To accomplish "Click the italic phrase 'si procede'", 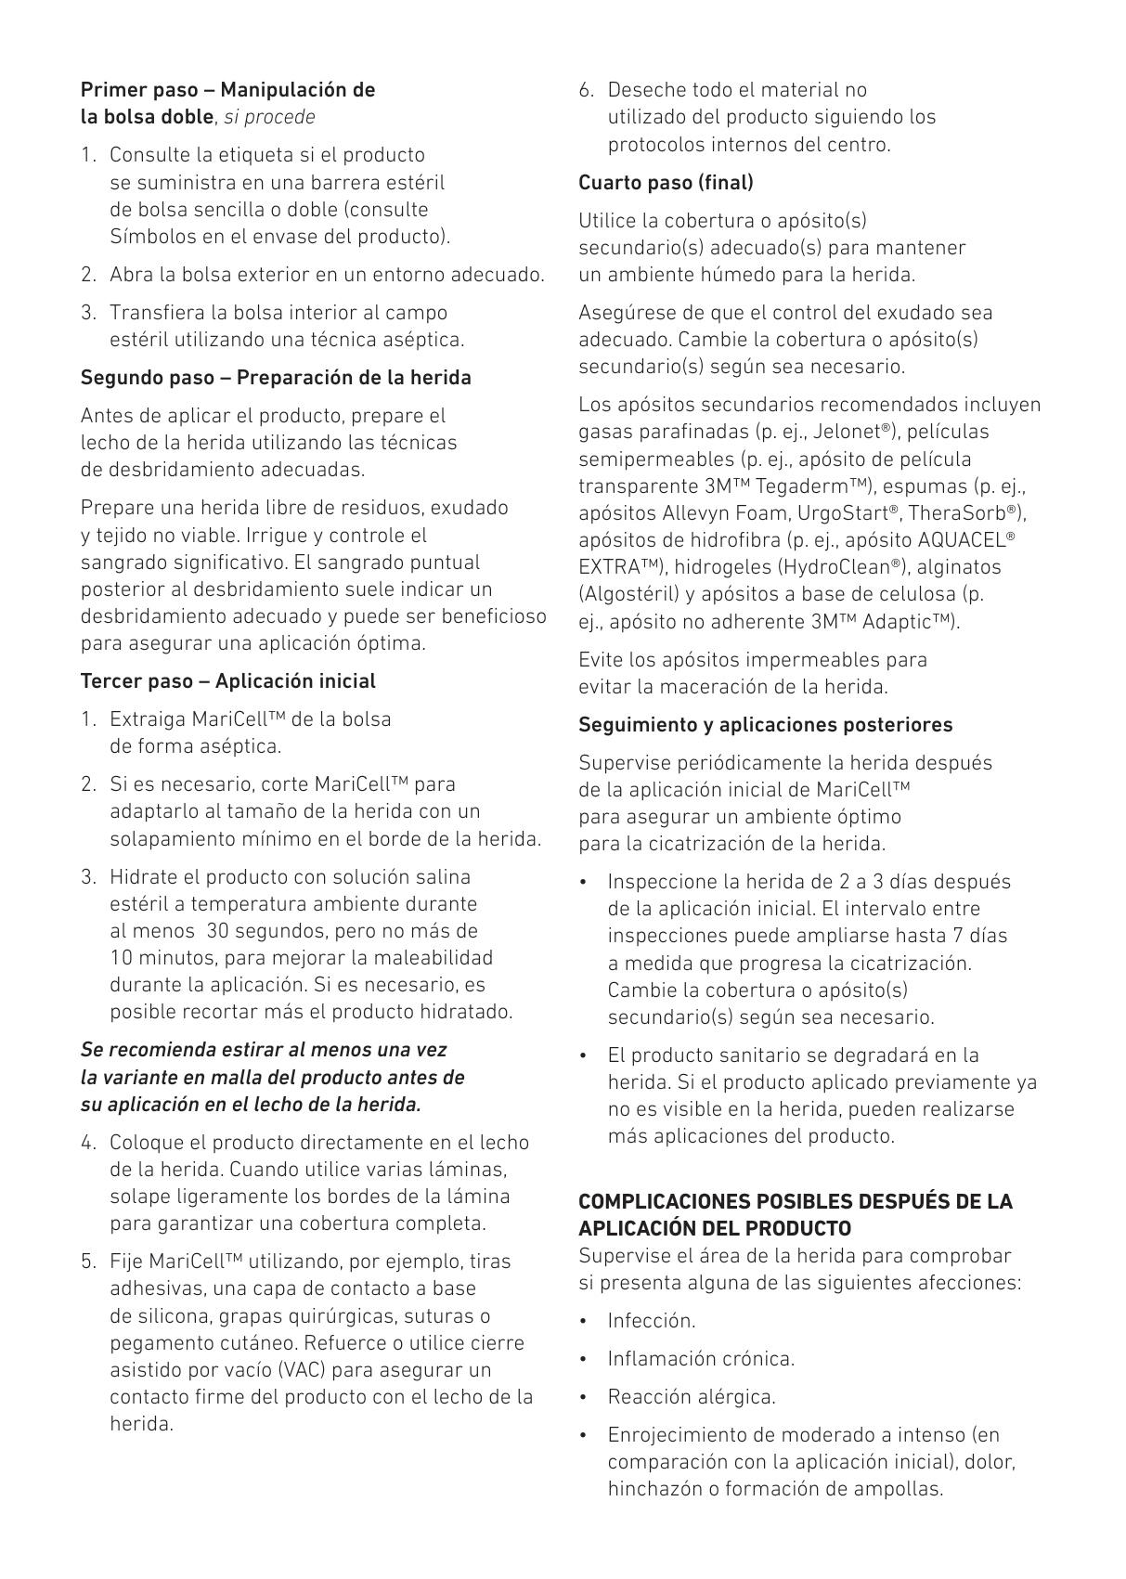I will tap(269, 117).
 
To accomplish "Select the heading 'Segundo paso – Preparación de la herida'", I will tap(276, 378).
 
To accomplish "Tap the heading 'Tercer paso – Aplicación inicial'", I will tap(228, 681).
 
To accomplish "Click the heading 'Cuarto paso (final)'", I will tap(666, 182).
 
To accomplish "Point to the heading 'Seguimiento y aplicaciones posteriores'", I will tap(765, 724).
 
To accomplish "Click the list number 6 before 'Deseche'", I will tap(586, 90).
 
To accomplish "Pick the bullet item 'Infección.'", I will tap(651, 1321).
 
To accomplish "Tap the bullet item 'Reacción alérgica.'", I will tap(691, 1397).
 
